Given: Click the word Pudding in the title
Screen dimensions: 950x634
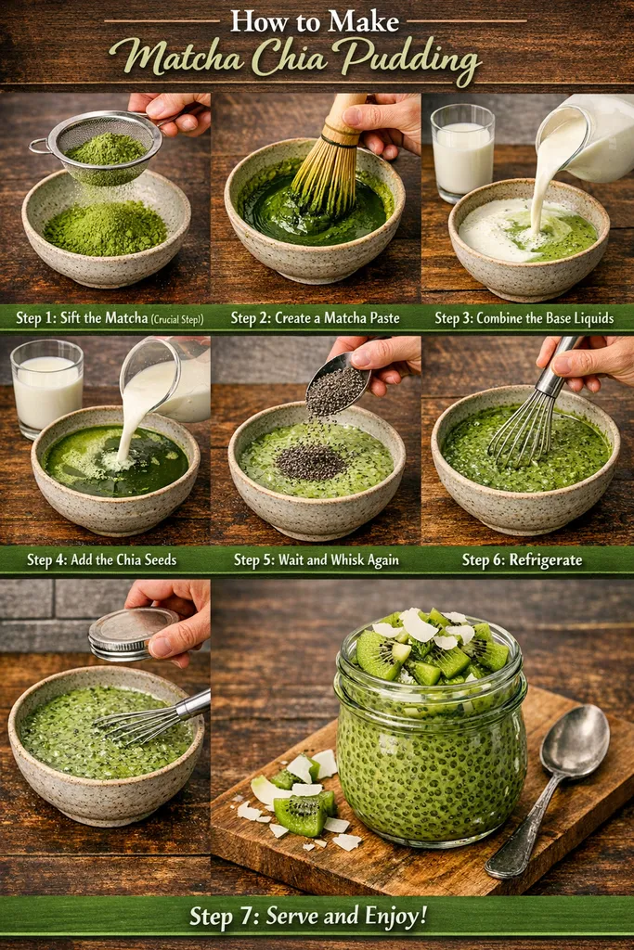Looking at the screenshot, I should click(409, 58).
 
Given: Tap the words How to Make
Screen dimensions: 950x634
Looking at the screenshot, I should click(315, 21).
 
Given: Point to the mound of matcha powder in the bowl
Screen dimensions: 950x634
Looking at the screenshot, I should click(105, 226).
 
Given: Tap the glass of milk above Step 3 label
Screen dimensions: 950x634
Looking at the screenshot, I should click(462, 150).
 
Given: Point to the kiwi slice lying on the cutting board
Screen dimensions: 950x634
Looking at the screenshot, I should click(299, 813).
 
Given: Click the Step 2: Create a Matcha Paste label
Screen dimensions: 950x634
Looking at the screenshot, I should click(315, 318).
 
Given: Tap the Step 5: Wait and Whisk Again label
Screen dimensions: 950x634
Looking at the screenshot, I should click(316, 559).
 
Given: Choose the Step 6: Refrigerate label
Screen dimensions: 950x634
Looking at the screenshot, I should click(522, 559).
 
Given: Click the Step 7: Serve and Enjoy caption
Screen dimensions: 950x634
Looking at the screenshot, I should click(308, 917).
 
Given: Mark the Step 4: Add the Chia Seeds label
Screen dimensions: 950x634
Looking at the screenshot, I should click(101, 559).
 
